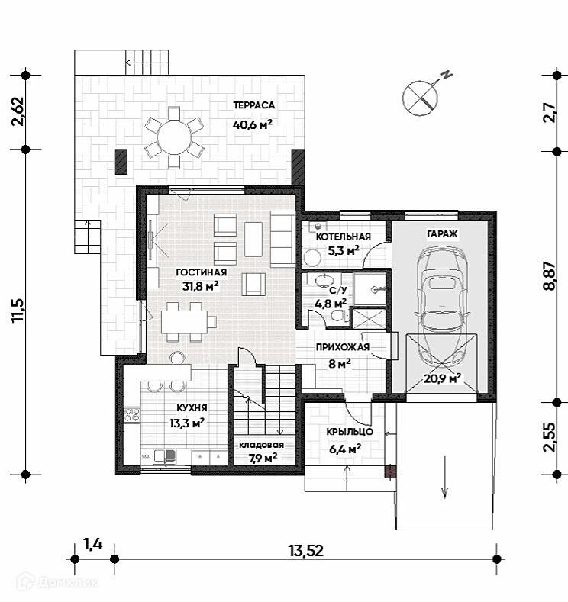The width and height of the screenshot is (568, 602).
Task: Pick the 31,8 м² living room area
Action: [200, 287]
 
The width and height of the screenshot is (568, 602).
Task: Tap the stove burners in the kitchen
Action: [132, 416]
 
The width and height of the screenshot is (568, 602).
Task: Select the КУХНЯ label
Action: [187, 407]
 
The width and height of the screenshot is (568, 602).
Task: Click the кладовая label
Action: [261, 445]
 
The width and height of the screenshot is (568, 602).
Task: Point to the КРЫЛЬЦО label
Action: [349, 432]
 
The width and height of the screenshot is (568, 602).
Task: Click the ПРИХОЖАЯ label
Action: [343, 348]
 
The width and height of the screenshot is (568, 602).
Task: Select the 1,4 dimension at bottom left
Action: [92, 544]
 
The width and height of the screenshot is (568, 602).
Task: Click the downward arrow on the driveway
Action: [443, 477]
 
